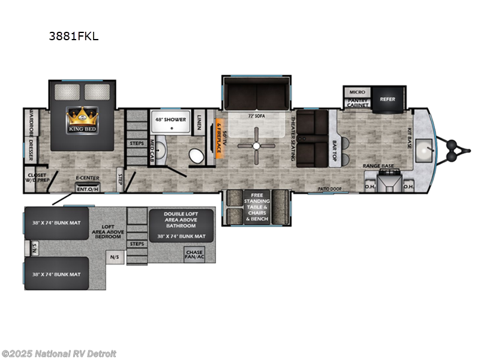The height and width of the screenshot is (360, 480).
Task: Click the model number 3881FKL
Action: pos(74,36)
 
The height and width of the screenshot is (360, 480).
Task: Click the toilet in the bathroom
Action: pos(196,156)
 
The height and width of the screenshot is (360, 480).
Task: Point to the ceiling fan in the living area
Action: pos(256,146)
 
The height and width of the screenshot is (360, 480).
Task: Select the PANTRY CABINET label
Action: pos(357,104)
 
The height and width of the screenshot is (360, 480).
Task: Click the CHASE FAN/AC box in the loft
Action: pos(196,256)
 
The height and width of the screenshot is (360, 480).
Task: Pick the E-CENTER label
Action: pos(87,179)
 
